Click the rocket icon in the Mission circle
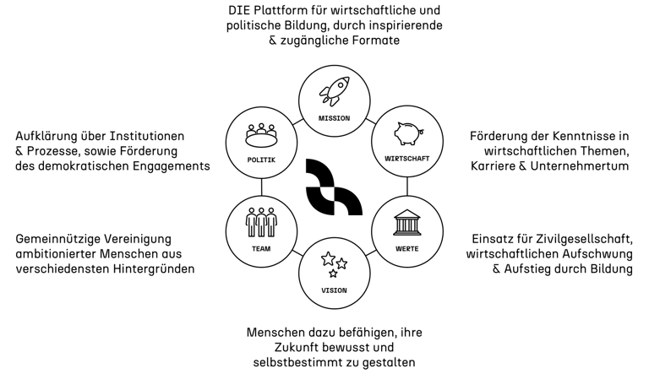point(334,91)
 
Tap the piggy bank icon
point(407,133)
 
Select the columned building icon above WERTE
point(407,223)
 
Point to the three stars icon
point(333,265)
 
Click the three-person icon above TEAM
point(261,222)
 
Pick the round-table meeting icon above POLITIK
point(261,133)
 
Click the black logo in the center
point(334,186)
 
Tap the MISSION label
point(334,118)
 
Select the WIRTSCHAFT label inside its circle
point(407,159)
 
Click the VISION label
point(334,290)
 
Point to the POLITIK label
point(261,159)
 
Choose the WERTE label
point(407,249)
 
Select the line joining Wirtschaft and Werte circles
point(407,187)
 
